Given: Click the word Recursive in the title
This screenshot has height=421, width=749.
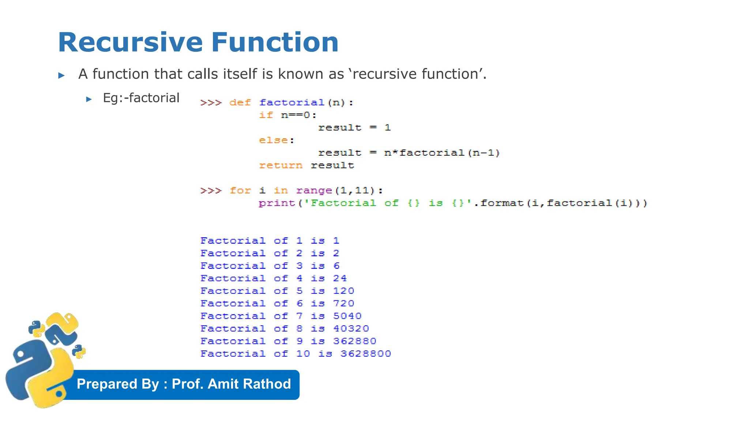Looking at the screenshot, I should (x=130, y=42).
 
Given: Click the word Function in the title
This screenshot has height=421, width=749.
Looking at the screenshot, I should (x=275, y=42).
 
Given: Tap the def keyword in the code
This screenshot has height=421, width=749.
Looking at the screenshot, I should (x=240, y=103).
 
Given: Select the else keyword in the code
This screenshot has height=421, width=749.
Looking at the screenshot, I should (x=273, y=140).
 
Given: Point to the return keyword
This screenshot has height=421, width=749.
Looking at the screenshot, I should (x=281, y=166).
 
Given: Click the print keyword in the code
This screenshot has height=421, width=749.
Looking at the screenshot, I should (x=276, y=203).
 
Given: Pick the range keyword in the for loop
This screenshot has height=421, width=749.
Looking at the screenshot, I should (x=314, y=191).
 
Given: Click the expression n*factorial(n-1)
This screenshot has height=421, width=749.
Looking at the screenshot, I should (x=442, y=153).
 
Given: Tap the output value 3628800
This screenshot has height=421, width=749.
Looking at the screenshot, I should (x=366, y=354).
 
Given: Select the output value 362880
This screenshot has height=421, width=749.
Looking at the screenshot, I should (x=355, y=341).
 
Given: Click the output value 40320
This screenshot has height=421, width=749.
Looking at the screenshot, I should (x=351, y=329).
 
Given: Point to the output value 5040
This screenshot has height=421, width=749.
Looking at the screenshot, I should (x=347, y=316).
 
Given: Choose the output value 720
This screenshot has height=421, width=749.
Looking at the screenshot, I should (x=344, y=304).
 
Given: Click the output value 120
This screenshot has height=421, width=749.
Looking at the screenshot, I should (x=344, y=291).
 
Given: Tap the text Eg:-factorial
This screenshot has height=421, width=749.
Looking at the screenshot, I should (x=141, y=98).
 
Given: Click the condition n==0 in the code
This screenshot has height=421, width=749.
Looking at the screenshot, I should (x=296, y=115).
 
